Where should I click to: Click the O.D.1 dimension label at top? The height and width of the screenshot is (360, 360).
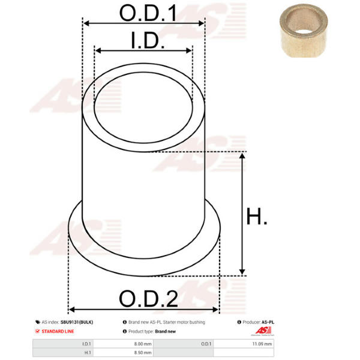tap(148, 13)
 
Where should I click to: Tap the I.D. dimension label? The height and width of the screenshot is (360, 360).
tap(148, 40)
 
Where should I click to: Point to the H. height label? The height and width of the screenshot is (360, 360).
tap(256, 216)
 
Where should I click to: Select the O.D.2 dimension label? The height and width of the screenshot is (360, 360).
tap(149, 298)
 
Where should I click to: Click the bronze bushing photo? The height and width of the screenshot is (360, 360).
tap(304, 31)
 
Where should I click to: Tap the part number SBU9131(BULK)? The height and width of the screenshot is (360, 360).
tap(77, 322)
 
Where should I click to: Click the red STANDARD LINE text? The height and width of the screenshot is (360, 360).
tap(58, 331)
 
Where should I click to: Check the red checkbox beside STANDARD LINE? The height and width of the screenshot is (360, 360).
tap(37, 331)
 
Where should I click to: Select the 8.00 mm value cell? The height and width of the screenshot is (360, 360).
tap(124, 344)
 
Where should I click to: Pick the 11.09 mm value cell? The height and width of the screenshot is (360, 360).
tap(244, 344)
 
